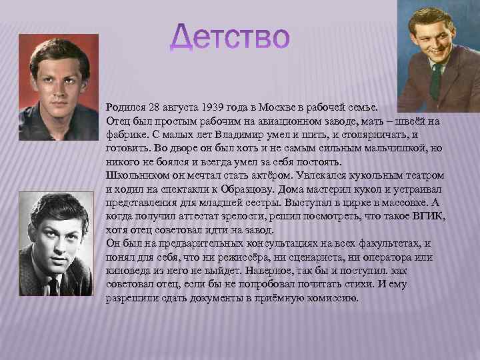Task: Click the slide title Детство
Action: tap(231, 39)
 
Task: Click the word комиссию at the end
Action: tap(332, 297)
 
